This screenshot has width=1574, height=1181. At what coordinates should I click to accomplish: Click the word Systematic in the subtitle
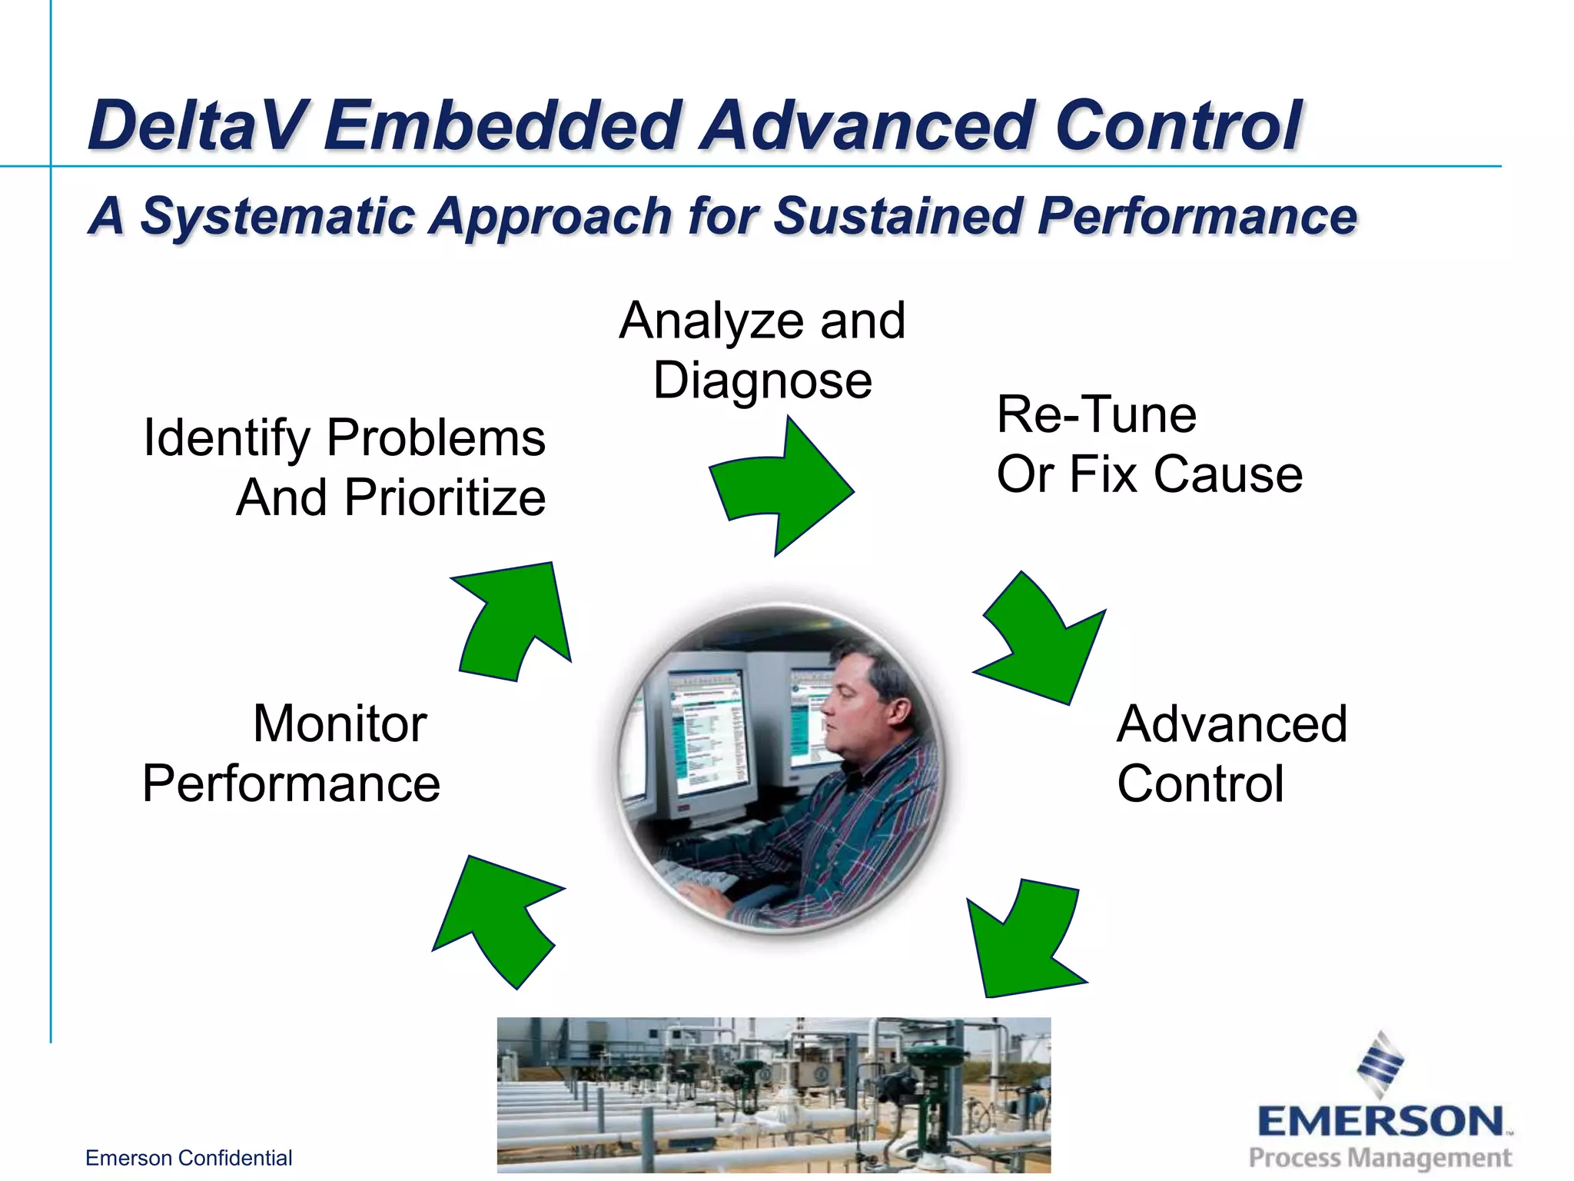(x=278, y=216)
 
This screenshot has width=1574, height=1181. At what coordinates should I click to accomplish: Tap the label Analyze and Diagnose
(x=762, y=351)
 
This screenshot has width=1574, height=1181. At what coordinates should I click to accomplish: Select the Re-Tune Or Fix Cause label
(x=1148, y=444)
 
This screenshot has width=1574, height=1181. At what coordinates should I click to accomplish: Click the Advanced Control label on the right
(x=1231, y=754)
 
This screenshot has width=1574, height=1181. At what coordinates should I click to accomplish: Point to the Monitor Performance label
(x=292, y=754)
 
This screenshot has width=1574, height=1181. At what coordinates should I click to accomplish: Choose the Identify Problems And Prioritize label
(x=346, y=467)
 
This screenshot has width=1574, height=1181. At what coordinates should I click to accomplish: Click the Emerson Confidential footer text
(x=188, y=1158)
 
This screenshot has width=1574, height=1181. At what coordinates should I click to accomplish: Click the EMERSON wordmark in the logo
(x=1380, y=1121)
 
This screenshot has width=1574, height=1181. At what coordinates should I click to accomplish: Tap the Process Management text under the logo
(x=1380, y=1157)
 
